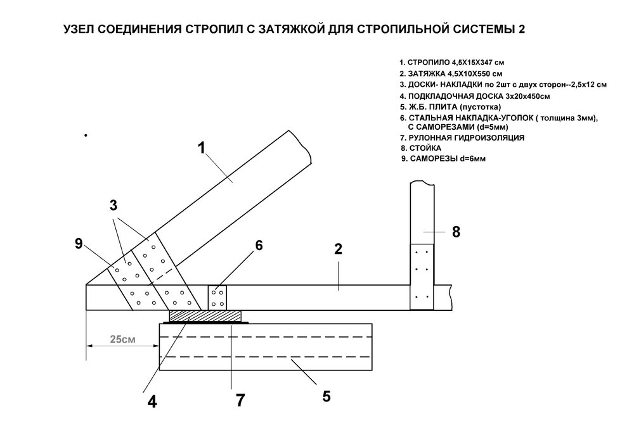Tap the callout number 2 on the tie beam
[x=338, y=249]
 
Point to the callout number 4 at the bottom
[x=152, y=402]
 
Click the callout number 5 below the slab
[x=326, y=397]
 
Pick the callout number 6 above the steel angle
[x=259, y=246]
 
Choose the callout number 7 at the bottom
[x=239, y=400]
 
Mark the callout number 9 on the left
[x=79, y=243]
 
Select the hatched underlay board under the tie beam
[x=205, y=315]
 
